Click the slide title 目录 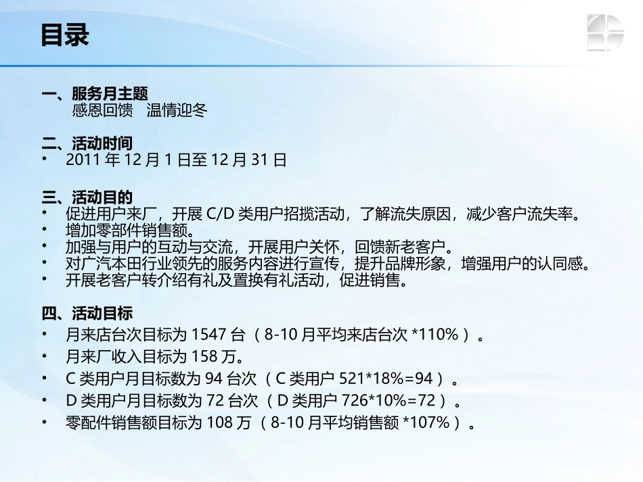pos(65,35)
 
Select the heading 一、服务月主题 pos(95,94)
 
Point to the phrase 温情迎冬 pos(177,110)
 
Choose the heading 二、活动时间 pos(87,143)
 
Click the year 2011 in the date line pos(83,160)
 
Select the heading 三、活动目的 pos(87,197)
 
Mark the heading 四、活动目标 pos(87,314)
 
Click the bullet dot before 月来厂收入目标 pos(45,356)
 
